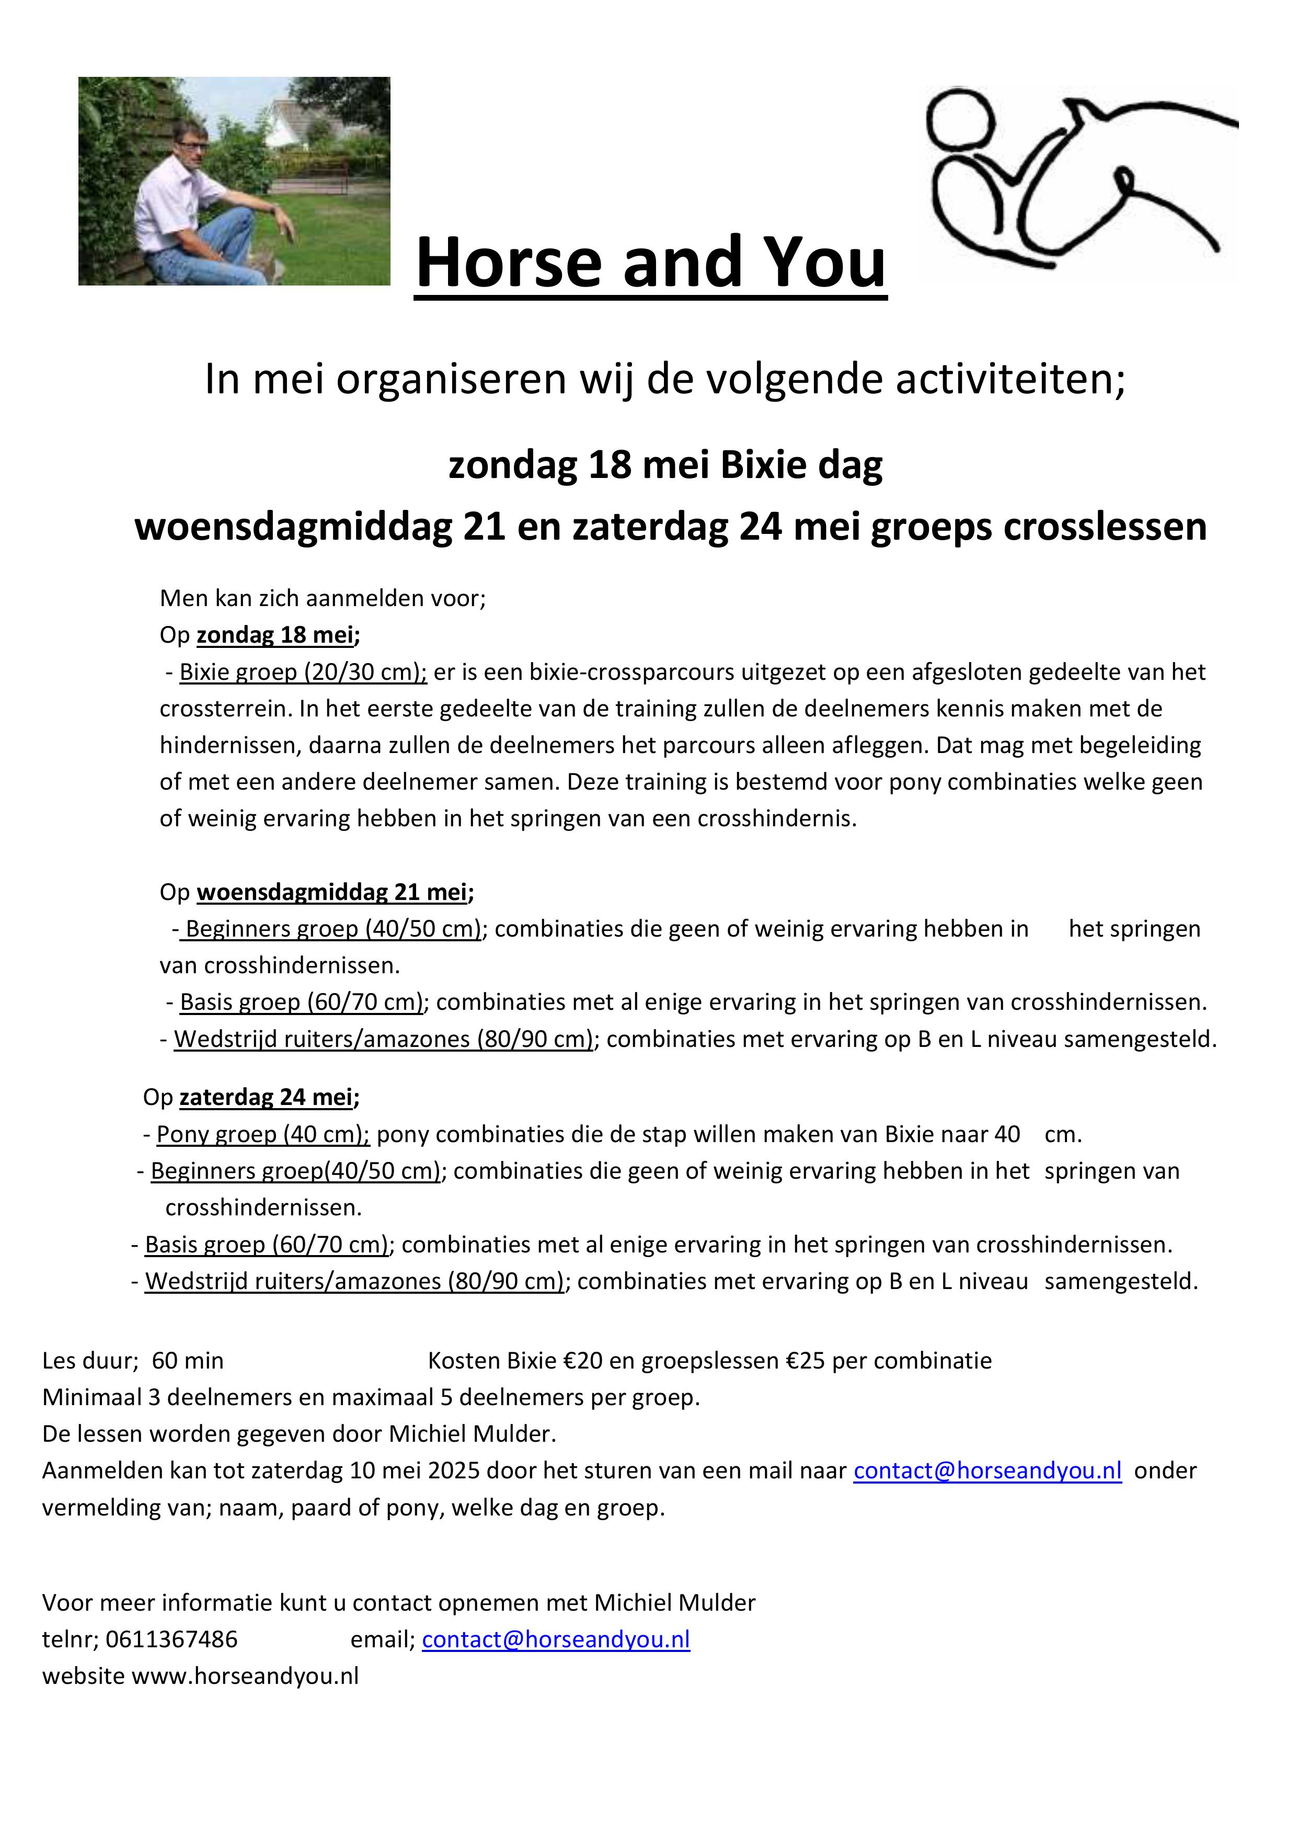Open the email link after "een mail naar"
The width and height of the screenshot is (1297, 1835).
[987, 1471]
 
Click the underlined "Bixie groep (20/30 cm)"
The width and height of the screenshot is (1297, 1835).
[303, 672]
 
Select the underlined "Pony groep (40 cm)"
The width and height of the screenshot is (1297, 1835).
[262, 1134]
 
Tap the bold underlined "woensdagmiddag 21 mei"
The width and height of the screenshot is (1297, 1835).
[331, 892]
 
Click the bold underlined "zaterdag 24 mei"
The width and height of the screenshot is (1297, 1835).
[266, 1097]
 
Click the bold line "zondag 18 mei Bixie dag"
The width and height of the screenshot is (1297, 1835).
[665, 465]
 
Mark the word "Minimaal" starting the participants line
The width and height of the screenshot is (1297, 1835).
[92, 1397]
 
